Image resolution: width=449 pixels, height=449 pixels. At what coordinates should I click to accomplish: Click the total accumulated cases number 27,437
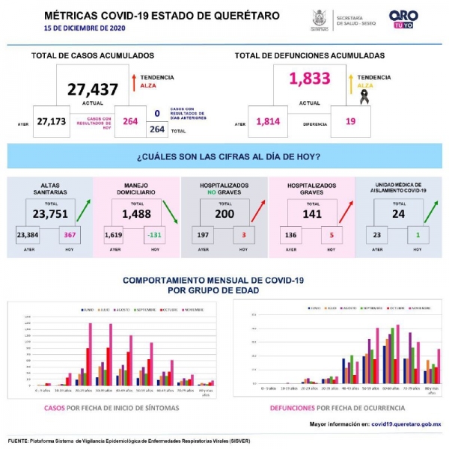pos(93,90)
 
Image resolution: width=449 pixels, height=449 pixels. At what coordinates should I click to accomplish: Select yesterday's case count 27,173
pos(52,121)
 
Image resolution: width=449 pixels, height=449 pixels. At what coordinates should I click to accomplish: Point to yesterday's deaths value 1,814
pos(269,121)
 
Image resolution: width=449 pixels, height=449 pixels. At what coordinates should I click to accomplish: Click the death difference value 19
pos(350,121)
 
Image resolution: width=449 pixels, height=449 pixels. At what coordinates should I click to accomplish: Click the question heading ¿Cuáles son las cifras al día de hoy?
pos(229,156)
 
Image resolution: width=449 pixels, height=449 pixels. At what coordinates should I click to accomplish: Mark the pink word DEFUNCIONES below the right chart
pos(292,408)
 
